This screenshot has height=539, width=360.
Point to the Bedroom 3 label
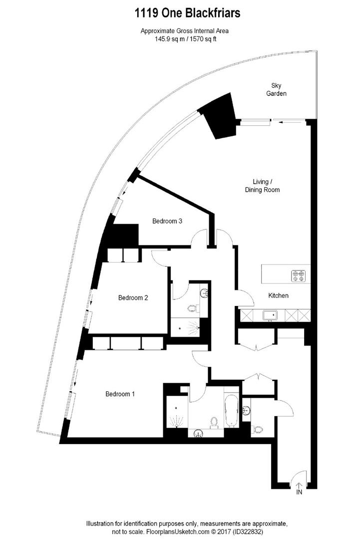pos(167,222)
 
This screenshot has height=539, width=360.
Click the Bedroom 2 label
pos(133,298)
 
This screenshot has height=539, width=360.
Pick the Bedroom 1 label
pos(120,394)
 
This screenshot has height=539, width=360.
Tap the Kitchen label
pos(279,295)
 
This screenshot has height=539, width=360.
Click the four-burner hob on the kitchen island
pos(298,275)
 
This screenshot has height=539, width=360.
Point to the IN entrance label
pos(299,492)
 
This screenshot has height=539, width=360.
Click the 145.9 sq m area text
pos(169,39)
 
